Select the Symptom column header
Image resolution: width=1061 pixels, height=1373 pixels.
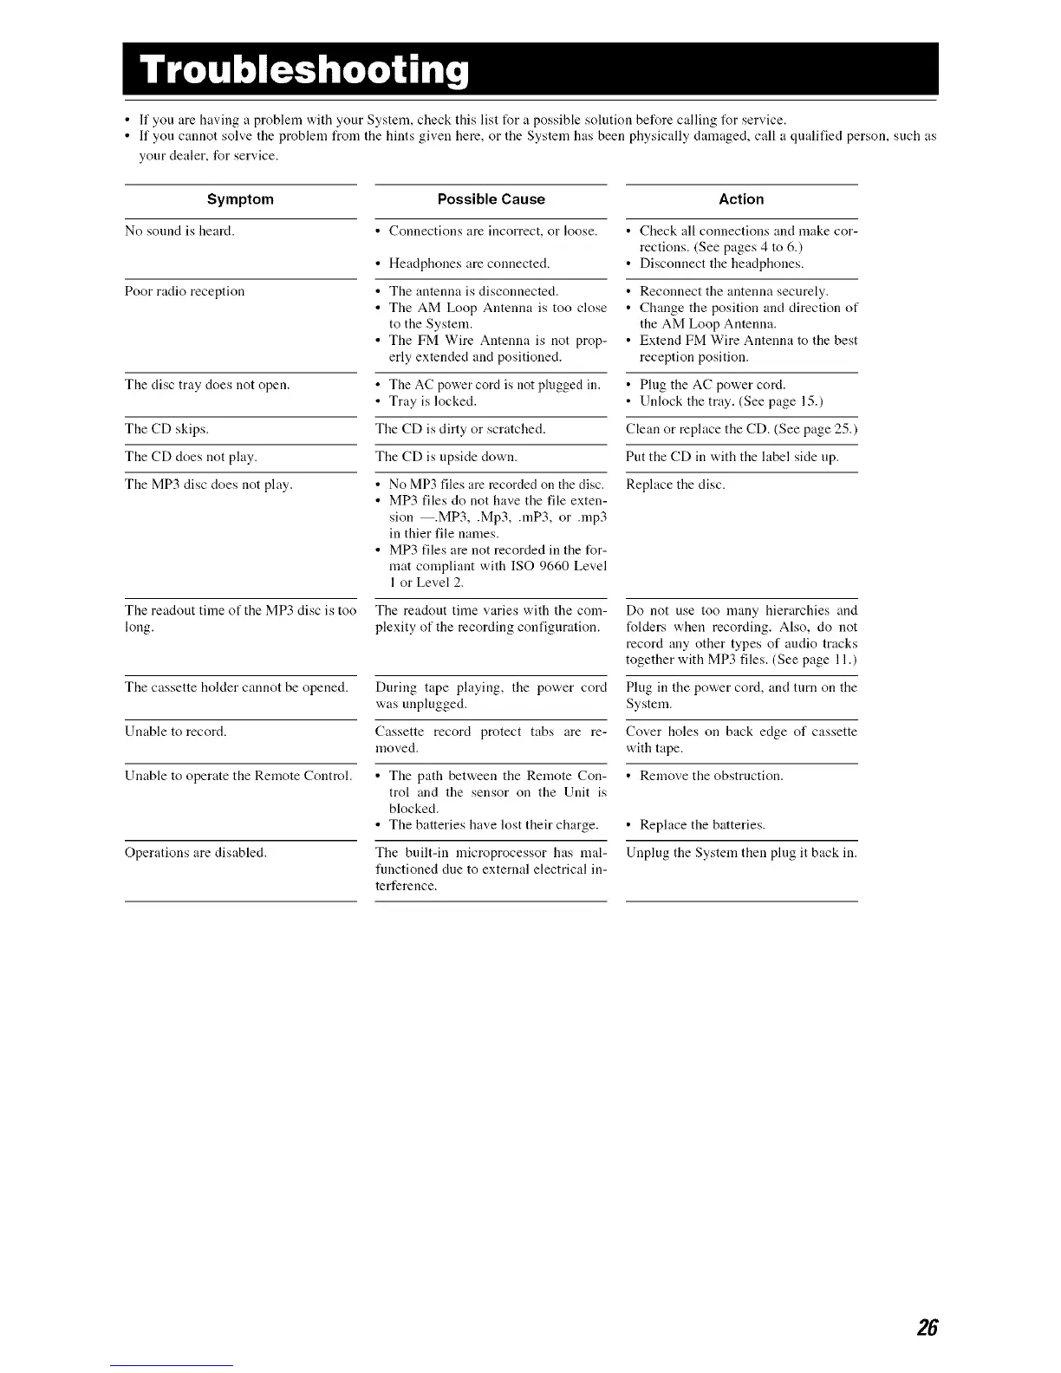click(x=240, y=199)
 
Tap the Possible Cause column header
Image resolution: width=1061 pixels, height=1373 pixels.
click(x=491, y=199)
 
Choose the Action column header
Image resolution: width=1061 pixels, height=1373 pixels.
click(x=741, y=199)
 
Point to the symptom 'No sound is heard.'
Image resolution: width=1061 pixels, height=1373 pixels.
click(x=179, y=231)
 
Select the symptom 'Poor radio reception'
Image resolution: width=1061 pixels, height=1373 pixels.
click(x=185, y=291)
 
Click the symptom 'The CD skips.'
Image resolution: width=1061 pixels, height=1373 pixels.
click(x=166, y=429)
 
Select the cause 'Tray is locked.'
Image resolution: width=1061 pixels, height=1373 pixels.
click(x=433, y=401)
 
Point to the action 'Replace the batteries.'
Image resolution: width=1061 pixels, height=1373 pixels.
click(x=702, y=825)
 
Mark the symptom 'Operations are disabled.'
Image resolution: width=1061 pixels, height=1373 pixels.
click(x=196, y=853)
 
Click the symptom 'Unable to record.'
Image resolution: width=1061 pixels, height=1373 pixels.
click(x=176, y=732)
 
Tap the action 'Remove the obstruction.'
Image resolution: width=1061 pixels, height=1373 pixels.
click(x=711, y=776)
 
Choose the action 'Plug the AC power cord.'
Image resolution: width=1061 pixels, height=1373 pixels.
click(x=713, y=385)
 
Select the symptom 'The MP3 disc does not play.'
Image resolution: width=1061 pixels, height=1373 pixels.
click(x=209, y=485)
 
